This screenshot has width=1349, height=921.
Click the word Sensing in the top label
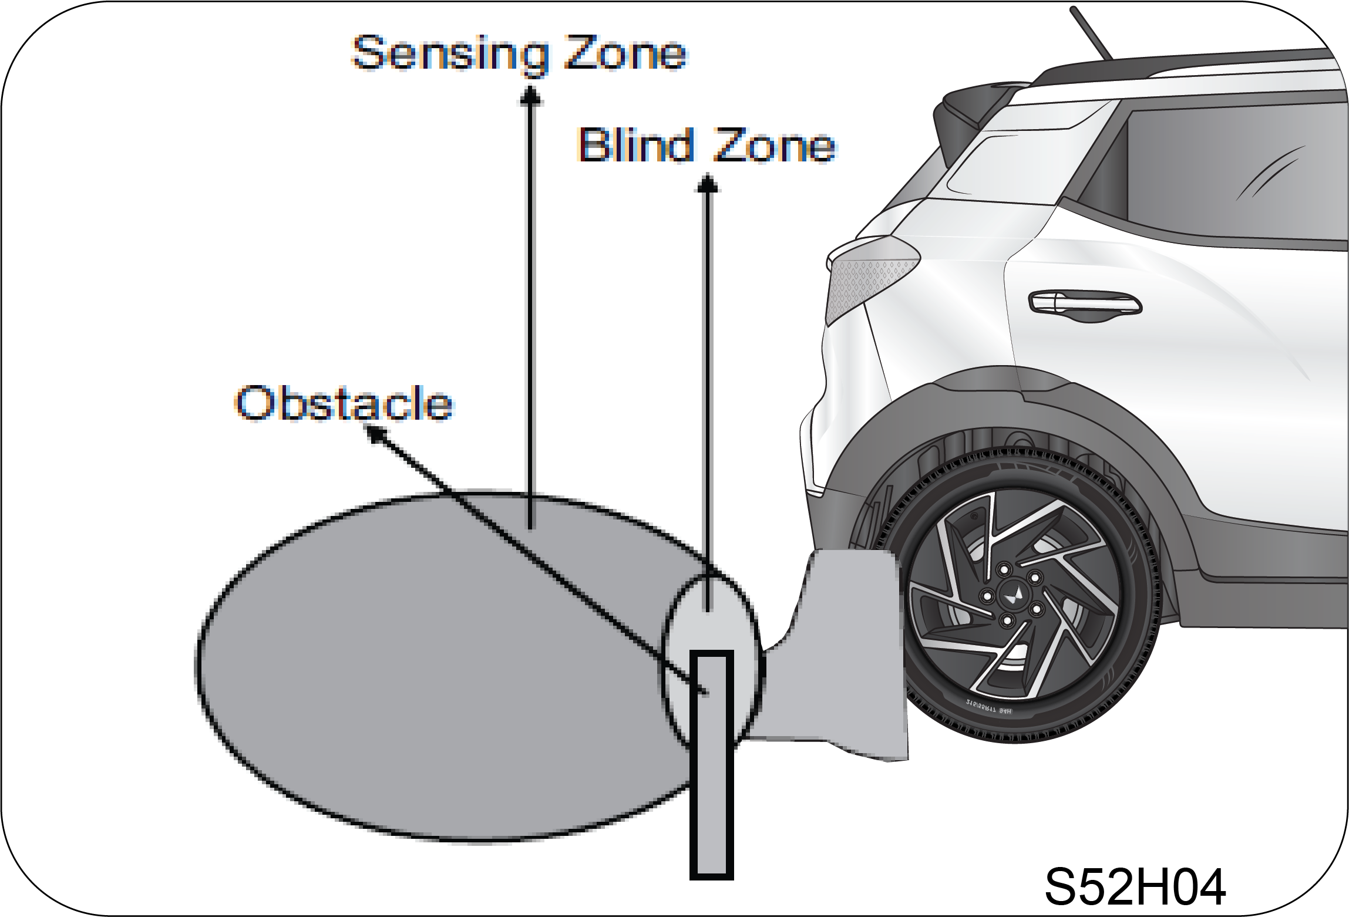click(x=449, y=54)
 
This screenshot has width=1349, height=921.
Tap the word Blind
click(x=636, y=145)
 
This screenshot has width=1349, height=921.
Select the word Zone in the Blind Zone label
click(x=775, y=146)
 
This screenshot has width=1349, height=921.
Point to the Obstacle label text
click(x=344, y=404)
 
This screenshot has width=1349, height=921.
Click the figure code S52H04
click(x=1135, y=886)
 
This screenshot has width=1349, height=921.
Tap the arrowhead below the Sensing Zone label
click(x=530, y=96)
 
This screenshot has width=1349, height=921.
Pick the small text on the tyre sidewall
click(x=989, y=707)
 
